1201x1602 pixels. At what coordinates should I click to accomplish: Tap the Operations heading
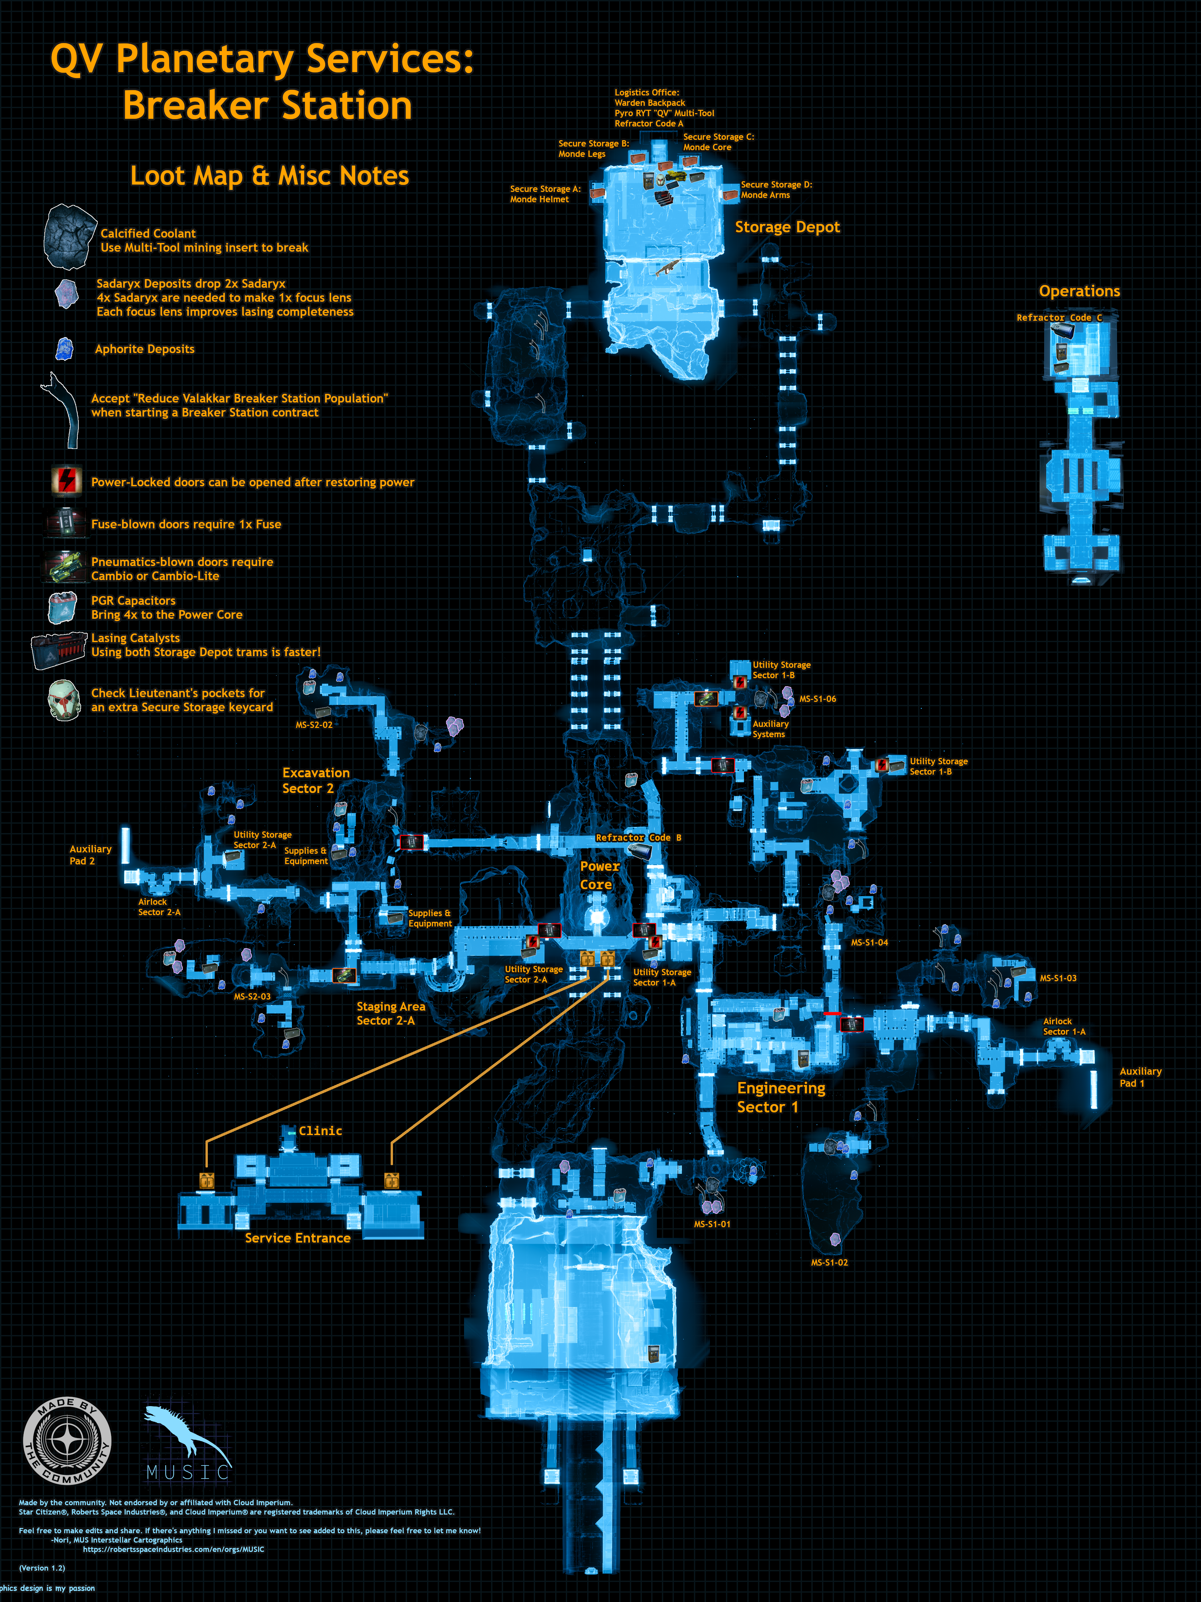click(x=1079, y=291)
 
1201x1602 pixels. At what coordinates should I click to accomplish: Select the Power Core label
click(x=599, y=875)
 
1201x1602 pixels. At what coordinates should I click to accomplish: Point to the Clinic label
click(x=320, y=1130)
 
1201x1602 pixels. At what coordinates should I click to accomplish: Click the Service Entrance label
click(x=298, y=1238)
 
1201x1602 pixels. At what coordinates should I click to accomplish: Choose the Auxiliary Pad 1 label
click(x=1140, y=1077)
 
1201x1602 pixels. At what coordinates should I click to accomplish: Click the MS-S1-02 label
click(x=829, y=1262)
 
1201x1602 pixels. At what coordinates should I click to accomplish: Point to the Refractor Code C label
click(x=1059, y=318)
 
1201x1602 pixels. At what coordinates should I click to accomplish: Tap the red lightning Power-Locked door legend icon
click(x=67, y=480)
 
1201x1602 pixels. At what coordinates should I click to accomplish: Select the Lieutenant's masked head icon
click(x=64, y=700)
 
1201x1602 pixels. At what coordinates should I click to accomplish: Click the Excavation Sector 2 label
click(x=316, y=781)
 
